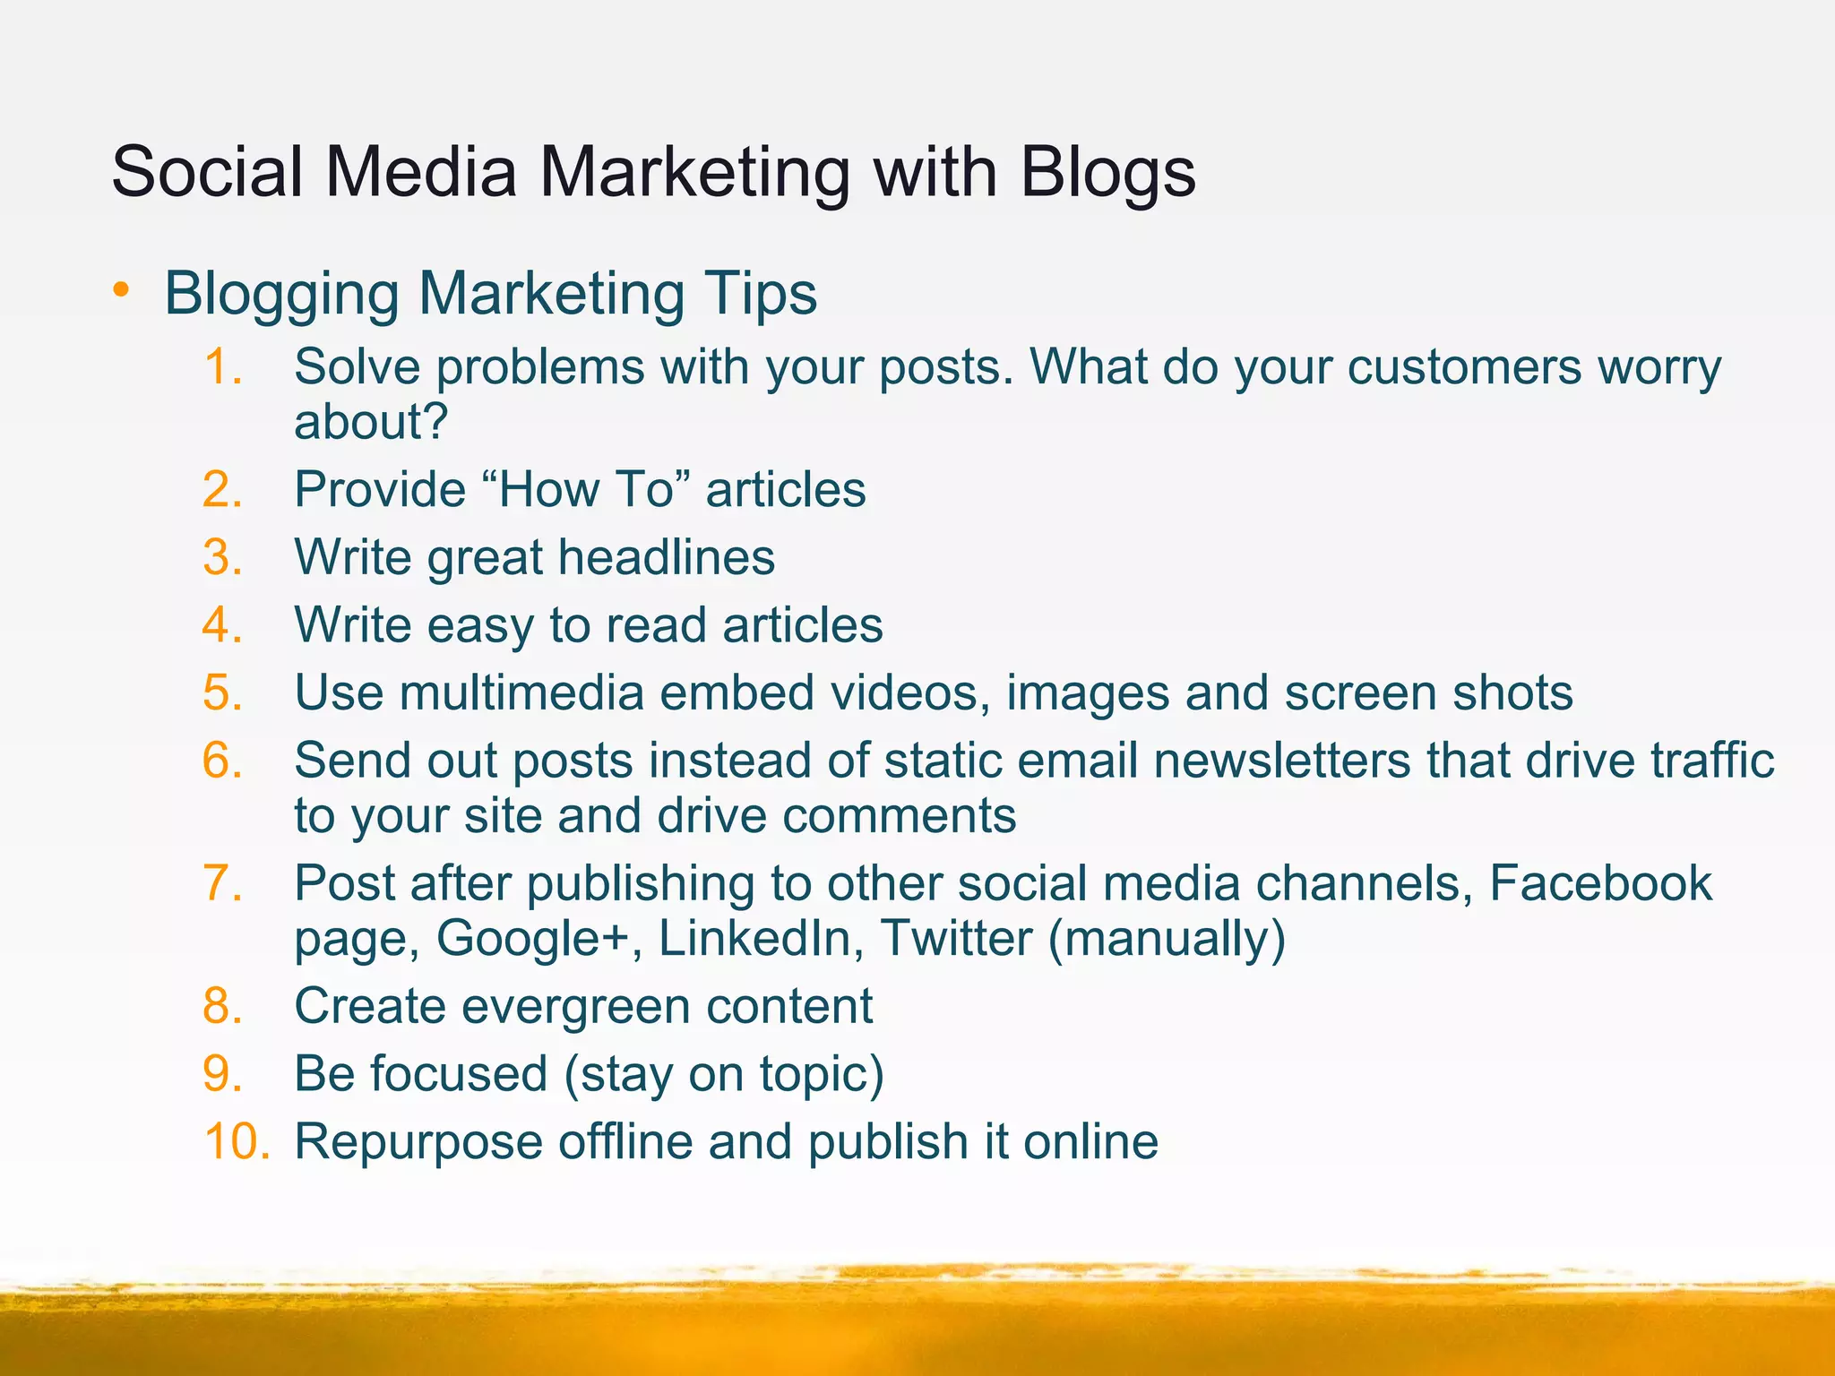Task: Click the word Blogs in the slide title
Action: [x=1107, y=172]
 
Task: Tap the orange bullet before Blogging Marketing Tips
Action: [x=122, y=290]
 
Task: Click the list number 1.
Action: [x=222, y=367]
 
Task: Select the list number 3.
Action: [x=222, y=557]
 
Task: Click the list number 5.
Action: [x=222, y=692]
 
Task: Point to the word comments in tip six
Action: [x=899, y=816]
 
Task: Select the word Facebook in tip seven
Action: [x=1600, y=883]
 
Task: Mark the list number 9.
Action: [x=222, y=1073]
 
